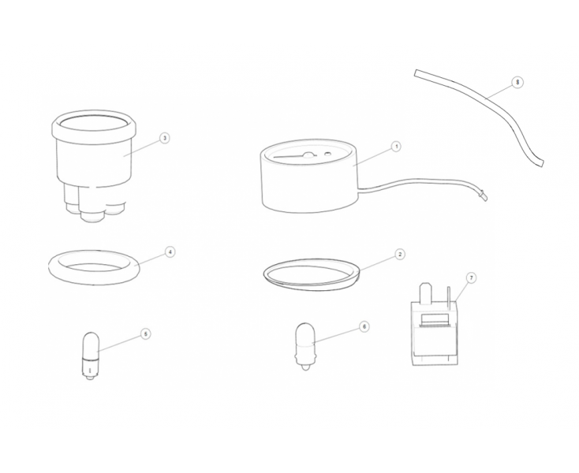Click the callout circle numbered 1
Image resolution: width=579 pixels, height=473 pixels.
pyautogui.click(x=396, y=147)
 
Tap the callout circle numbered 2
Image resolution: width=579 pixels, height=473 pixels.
pyautogui.click(x=399, y=254)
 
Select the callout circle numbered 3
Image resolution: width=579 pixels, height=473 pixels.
pyautogui.click(x=165, y=138)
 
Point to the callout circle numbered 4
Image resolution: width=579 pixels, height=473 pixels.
pyautogui.click(x=170, y=252)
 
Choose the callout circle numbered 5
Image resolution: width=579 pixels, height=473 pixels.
pyautogui.click(x=146, y=334)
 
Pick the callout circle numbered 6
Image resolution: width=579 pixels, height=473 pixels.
pyautogui.click(x=364, y=326)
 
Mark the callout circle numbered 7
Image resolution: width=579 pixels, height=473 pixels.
pyautogui.click(x=471, y=277)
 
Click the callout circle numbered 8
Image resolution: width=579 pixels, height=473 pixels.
pyautogui.click(x=517, y=82)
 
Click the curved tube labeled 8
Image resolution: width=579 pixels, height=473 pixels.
pyautogui.click(x=487, y=101)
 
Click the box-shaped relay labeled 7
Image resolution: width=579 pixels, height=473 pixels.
pyautogui.click(x=435, y=334)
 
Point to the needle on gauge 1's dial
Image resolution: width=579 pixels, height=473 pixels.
pyautogui.click(x=293, y=156)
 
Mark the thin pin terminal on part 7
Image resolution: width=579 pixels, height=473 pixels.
pyautogui.click(x=449, y=297)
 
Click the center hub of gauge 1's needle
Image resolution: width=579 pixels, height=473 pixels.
pyautogui.click(x=308, y=155)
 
